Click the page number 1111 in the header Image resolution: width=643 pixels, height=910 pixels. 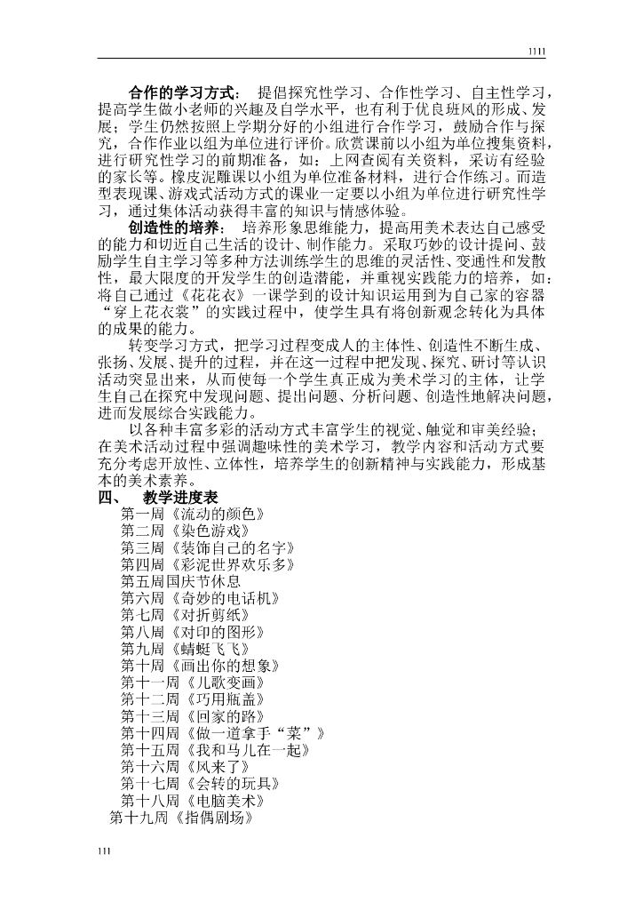(536, 52)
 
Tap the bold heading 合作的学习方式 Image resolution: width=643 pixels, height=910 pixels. (181, 92)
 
